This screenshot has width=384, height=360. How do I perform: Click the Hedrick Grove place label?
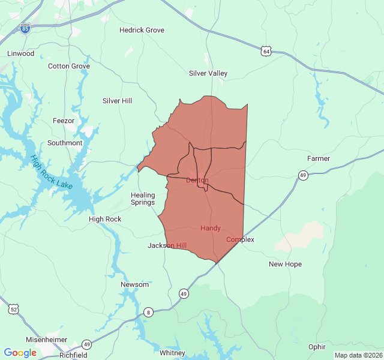[x=142, y=30]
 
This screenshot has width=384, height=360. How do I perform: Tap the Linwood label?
[x=21, y=53]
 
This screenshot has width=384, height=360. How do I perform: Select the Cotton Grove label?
[x=69, y=66]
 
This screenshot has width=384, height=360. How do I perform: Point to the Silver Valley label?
[x=208, y=73]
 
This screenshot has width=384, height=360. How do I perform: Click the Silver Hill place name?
[x=118, y=101]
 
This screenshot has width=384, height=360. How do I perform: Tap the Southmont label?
[x=65, y=143]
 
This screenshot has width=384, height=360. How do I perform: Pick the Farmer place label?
[x=319, y=158]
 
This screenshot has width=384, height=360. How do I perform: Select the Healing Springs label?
[x=143, y=199]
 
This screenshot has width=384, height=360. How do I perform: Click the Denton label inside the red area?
[x=197, y=180]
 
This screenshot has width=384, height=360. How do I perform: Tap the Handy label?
[x=211, y=228]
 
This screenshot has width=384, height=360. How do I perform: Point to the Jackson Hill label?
[x=167, y=245]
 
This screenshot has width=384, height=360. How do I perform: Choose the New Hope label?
[x=285, y=264]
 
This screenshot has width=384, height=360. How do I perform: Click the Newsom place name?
[x=134, y=284]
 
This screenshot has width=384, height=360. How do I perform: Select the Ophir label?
[x=317, y=347]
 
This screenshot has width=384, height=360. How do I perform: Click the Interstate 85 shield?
[x=25, y=28]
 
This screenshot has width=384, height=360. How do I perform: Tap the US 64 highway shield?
[x=266, y=51]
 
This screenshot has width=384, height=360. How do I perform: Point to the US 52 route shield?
[x=13, y=310]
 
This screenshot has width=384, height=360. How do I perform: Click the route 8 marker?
[x=148, y=312]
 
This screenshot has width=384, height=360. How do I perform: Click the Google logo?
[x=20, y=353]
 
